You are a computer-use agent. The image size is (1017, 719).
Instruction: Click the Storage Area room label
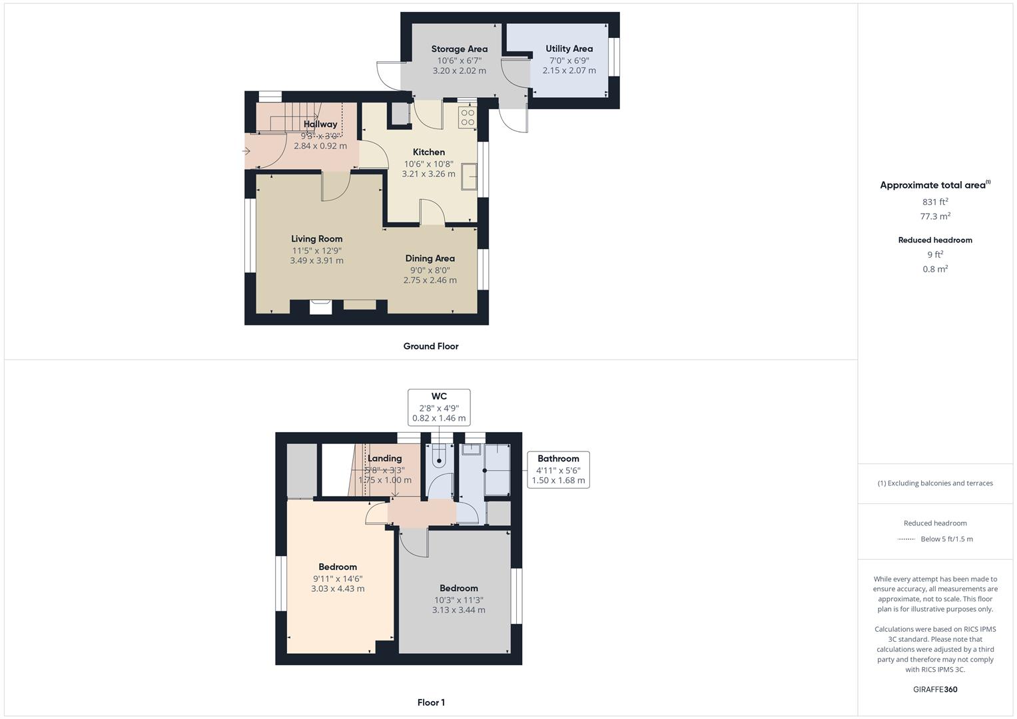coord(459,49)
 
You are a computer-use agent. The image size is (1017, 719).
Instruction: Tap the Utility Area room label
coord(569,49)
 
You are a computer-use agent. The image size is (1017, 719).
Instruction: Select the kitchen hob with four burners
coord(468,117)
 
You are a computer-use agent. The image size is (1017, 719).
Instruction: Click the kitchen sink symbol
coord(470,176)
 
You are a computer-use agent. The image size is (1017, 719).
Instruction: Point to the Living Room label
coord(316,239)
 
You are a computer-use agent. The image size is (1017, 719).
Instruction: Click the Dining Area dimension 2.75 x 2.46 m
coord(430,280)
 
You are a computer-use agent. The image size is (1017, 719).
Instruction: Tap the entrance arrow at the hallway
coord(246,151)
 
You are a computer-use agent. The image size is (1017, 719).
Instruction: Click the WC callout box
coord(439,407)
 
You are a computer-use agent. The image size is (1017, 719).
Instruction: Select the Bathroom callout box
coord(558,469)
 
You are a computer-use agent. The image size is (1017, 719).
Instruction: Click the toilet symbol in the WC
coord(439,459)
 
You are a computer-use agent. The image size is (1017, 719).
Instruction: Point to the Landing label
coord(384,458)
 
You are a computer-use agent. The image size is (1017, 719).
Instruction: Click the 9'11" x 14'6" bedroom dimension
coord(338,579)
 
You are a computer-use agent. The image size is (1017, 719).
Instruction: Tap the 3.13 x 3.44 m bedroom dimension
coord(458,610)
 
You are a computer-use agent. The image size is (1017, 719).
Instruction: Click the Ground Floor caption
coord(430,346)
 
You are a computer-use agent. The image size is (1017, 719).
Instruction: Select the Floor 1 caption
coord(430,702)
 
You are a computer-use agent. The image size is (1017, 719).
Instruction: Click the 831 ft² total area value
coord(934,202)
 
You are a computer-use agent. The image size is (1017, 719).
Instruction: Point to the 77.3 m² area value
coord(934,216)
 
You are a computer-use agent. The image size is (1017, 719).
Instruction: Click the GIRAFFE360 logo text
coord(934,689)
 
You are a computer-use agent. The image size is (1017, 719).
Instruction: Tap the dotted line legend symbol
coord(906,539)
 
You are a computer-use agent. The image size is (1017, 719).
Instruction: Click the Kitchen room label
coord(428,152)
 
